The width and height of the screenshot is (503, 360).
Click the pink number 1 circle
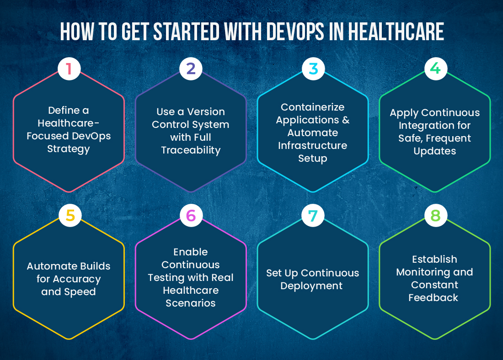pos(69,69)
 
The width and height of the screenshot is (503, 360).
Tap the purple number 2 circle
pos(191,69)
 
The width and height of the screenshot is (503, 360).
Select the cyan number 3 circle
pos(313,69)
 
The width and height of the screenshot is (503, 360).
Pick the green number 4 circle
pos(435,69)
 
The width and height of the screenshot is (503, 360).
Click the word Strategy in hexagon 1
pos(69,149)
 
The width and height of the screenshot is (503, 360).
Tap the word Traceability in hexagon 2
pos(191,150)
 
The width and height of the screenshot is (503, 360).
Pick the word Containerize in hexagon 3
pos(313,107)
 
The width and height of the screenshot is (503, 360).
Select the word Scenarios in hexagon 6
pos(191,303)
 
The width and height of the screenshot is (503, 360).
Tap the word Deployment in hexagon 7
pos(311,286)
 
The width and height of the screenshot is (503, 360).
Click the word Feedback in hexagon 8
pos(433,297)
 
